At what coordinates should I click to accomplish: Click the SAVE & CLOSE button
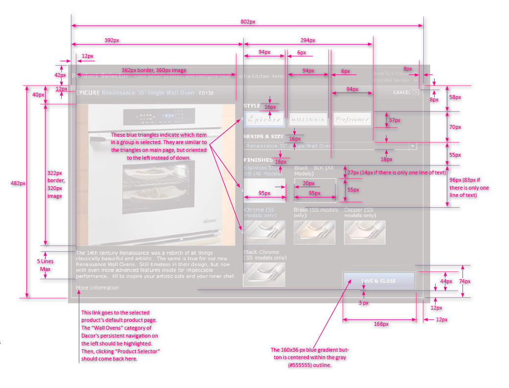coord(379,281)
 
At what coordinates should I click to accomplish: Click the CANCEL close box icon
coord(416,92)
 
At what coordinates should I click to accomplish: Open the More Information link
coord(97,288)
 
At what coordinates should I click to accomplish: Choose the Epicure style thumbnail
coord(264,119)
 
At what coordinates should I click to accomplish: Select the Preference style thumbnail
coord(352,119)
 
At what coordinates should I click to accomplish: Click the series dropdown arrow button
coord(413,146)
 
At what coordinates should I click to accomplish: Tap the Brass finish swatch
coord(314,232)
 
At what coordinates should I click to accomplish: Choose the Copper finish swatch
coord(364,232)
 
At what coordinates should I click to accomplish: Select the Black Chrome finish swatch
coord(264,274)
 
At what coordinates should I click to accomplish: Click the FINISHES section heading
coord(258,160)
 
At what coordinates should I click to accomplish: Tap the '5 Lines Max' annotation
coord(45,265)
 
